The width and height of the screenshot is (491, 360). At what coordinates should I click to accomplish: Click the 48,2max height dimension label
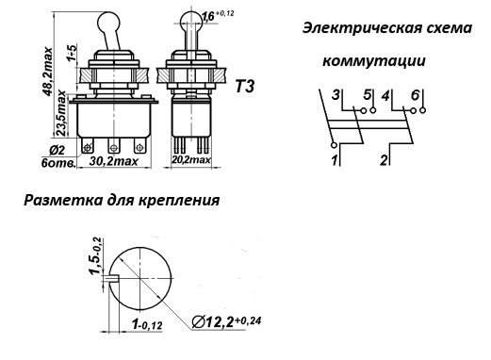click(47, 72)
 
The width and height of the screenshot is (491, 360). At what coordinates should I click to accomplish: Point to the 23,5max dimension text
click(60, 113)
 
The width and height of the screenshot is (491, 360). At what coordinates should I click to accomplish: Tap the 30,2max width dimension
click(114, 161)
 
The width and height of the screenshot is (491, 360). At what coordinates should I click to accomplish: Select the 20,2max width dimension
click(191, 159)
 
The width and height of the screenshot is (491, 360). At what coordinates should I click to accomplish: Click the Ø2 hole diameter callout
click(57, 151)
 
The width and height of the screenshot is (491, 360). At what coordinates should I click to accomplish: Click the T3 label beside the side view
click(245, 86)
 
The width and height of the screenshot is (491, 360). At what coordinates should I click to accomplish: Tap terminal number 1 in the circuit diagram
click(335, 160)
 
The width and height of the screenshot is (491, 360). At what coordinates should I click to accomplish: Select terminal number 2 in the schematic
click(384, 160)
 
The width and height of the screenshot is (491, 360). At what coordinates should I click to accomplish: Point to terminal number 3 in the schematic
click(336, 94)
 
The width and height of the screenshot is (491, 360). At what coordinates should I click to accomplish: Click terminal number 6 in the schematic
click(416, 94)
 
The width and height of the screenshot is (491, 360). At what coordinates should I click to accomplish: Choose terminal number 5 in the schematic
click(368, 94)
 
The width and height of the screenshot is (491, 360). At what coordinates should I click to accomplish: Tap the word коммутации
click(374, 60)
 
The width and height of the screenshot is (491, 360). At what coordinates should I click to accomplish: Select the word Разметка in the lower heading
click(63, 200)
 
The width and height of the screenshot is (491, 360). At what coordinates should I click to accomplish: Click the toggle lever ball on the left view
click(109, 22)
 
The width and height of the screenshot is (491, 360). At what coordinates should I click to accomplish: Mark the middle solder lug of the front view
click(113, 146)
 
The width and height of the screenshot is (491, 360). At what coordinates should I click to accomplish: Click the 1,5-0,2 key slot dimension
click(96, 256)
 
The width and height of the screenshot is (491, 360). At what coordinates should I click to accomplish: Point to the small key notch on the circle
click(113, 279)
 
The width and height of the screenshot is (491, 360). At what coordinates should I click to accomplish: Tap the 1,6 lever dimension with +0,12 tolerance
click(218, 16)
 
